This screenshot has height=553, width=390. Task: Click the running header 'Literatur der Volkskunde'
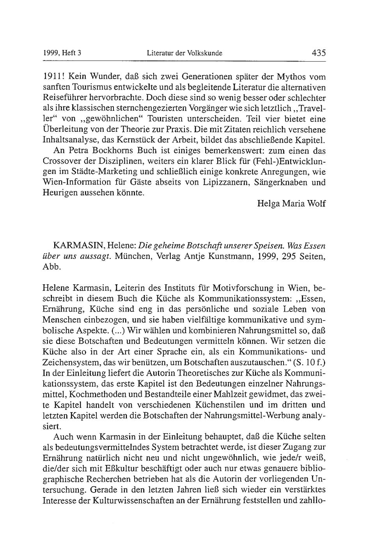(x=184, y=53)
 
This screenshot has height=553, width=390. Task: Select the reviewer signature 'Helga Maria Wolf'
(x=291, y=204)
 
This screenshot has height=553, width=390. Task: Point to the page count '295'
(x=287, y=257)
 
